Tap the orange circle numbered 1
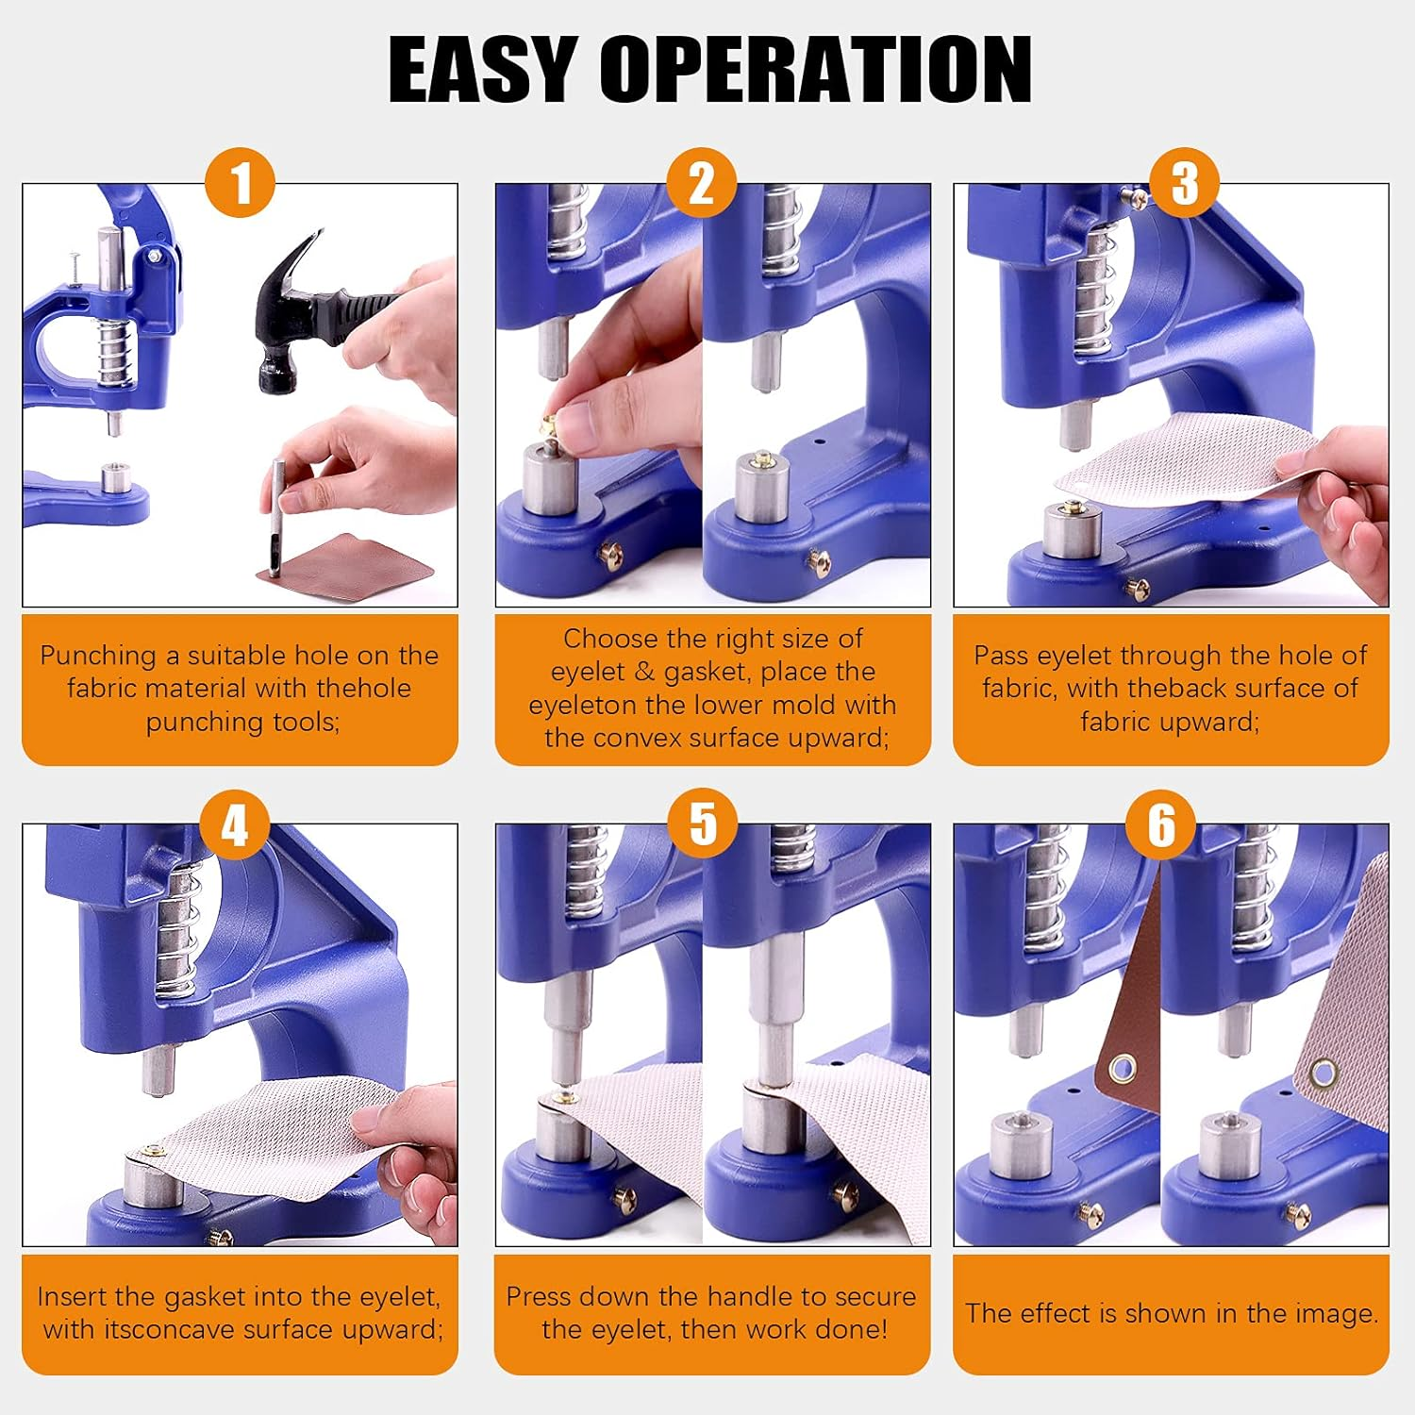click(240, 183)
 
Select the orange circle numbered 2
click(701, 183)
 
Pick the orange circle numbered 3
click(1184, 183)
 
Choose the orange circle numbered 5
click(703, 824)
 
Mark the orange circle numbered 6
click(1161, 824)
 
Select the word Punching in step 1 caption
click(98, 656)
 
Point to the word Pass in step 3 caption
click(1000, 656)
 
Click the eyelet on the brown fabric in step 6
click(1123, 1069)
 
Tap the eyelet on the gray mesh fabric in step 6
click(1323, 1073)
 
